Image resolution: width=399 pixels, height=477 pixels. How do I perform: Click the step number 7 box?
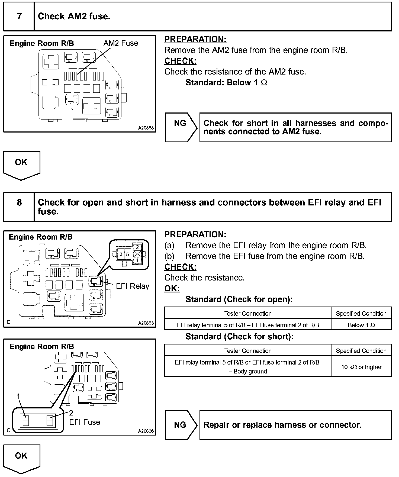19,17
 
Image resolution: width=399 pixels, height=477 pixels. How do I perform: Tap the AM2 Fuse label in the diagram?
121,43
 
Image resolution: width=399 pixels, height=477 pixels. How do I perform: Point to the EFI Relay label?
133,286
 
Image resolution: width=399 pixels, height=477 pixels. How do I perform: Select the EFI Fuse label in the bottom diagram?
85,422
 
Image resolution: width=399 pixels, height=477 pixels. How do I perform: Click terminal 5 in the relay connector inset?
127,254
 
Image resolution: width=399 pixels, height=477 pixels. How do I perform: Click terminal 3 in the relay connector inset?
121,254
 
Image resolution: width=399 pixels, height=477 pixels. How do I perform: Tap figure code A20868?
146,128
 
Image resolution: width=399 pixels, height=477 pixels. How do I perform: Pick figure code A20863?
146,323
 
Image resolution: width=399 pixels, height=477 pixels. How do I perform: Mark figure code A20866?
146,431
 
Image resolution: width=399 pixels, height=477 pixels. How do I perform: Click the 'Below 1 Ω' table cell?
362,325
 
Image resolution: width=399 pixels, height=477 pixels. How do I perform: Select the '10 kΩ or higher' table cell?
362,367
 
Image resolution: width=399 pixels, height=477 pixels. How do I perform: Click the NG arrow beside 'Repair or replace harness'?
181,425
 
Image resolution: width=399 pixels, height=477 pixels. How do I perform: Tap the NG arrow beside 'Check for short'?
181,127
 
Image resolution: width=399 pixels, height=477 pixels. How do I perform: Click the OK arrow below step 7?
21,164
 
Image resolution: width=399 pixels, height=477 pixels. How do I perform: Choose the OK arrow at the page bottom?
21,458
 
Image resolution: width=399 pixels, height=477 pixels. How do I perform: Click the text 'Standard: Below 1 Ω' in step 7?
226,83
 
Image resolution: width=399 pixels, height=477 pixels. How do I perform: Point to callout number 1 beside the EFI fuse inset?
18,397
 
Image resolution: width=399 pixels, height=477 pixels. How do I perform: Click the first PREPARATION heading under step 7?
195,39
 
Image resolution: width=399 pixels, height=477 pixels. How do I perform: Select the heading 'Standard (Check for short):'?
239,337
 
